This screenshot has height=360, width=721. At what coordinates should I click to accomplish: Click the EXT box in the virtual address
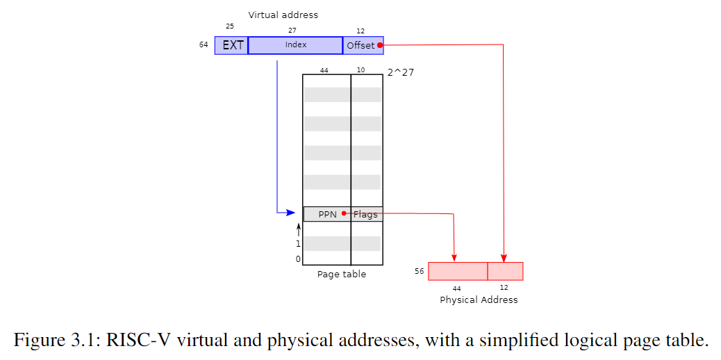tap(232, 45)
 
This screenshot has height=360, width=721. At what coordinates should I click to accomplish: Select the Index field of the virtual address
tap(295, 45)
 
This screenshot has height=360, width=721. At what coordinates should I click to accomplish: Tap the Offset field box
tap(362, 45)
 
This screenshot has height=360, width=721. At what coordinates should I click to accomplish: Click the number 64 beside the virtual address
tap(204, 45)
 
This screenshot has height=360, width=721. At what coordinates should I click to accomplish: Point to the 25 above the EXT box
tap(230, 26)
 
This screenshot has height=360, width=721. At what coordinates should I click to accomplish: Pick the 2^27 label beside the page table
tap(401, 72)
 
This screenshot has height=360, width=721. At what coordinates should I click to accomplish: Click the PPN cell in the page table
tap(327, 214)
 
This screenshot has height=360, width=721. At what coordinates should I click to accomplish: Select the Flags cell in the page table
tap(366, 214)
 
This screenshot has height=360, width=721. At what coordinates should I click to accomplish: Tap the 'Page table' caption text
tap(342, 274)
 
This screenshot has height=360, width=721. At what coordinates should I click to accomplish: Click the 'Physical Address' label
tap(479, 300)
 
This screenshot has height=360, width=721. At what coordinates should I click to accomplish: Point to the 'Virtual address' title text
tap(283, 15)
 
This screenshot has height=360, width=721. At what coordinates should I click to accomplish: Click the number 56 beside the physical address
tap(419, 271)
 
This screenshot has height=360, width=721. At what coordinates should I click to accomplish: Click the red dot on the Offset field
tap(380, 45)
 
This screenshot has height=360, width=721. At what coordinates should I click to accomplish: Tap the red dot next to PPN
tap(344, 213)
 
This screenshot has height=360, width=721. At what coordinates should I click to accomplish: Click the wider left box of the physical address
tap(458, 271)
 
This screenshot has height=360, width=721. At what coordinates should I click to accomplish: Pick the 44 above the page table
tap(324, 70)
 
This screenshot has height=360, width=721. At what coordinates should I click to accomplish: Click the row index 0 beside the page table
tap(299, 259)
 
